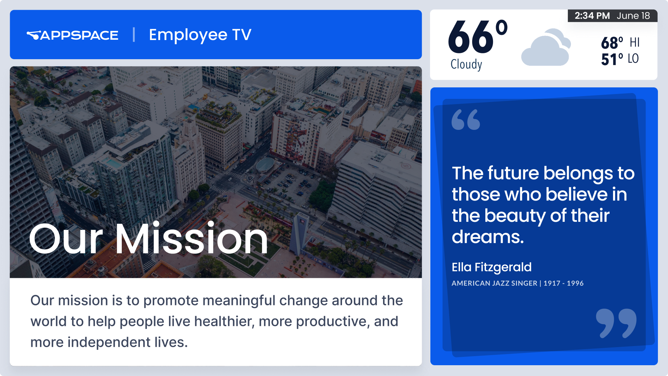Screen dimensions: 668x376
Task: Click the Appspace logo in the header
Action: coord(72,35)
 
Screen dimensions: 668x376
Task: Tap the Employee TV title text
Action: coord(200,35)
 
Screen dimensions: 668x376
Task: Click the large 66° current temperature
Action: coord(477,36)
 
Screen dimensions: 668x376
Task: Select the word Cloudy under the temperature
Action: coord(466,64)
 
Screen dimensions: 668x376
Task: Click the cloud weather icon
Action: coord(546,47)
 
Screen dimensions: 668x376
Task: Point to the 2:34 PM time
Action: coord(592,16)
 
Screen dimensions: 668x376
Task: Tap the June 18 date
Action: coord(633,16)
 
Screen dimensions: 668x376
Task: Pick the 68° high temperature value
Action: coord(612,43)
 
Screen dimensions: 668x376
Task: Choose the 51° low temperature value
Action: coord(612,59)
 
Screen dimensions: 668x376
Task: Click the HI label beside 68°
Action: coord(635,42)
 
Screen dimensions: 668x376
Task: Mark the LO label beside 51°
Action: coord(633,58)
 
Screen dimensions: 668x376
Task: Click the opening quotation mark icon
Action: coord(466,119)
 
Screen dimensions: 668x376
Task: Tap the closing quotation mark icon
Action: coord(616,323)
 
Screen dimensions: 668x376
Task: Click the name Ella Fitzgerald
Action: coord(492,267)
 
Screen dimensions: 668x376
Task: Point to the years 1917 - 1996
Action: coord(564,283)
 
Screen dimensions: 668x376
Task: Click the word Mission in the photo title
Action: coord(191,239)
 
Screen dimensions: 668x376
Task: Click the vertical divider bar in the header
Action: coord(134,35)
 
